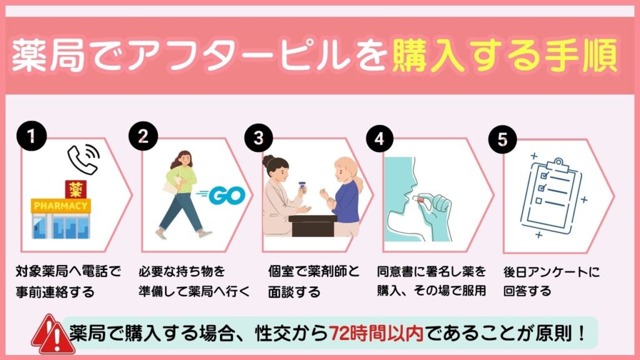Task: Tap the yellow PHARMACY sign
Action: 61,205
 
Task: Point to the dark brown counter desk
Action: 312,225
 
